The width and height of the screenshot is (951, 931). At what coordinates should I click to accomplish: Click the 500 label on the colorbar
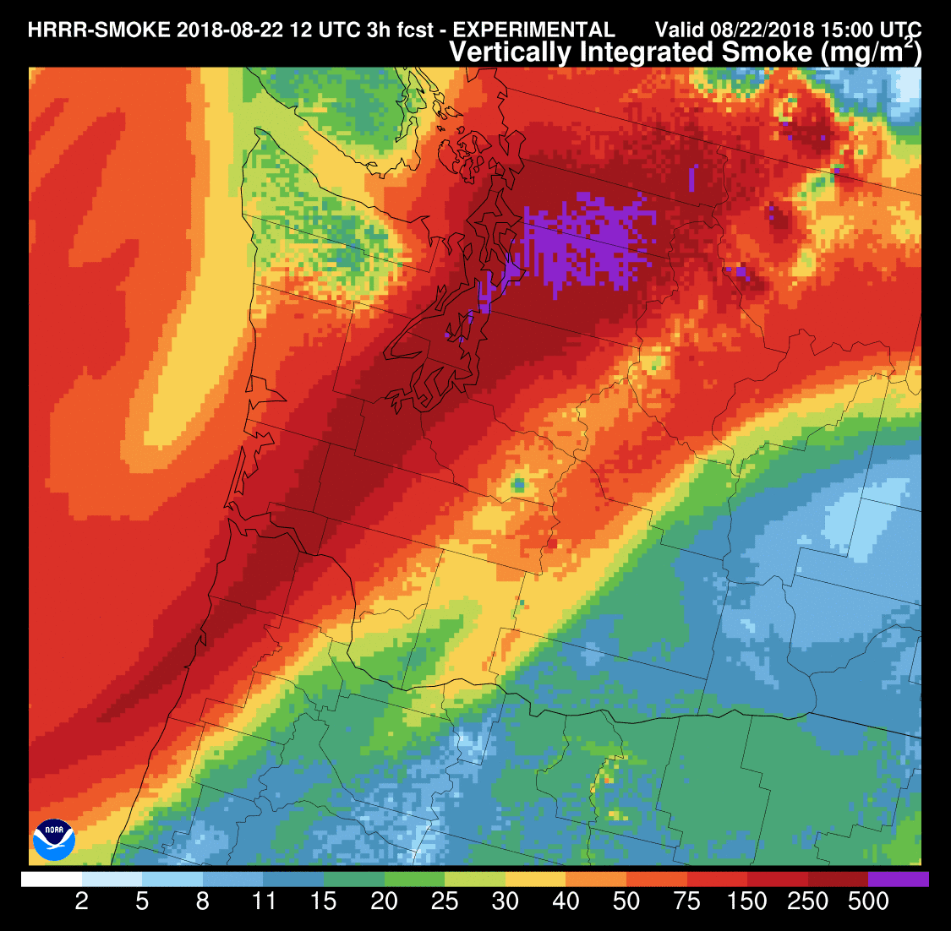869,902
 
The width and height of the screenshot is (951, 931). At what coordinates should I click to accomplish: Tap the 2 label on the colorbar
82,902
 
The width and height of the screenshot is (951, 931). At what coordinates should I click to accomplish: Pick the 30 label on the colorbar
506,902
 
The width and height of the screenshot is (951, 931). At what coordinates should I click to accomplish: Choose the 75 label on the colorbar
687,902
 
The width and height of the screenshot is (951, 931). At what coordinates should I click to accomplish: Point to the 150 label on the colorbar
748,902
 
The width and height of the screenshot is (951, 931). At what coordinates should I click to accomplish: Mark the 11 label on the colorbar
264,902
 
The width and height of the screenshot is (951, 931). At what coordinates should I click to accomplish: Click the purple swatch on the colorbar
899,879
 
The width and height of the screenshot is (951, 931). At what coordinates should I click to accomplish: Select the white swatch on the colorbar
52,879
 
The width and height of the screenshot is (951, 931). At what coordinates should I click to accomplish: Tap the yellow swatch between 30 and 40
535,879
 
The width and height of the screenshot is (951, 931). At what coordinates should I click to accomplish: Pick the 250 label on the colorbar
809,902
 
